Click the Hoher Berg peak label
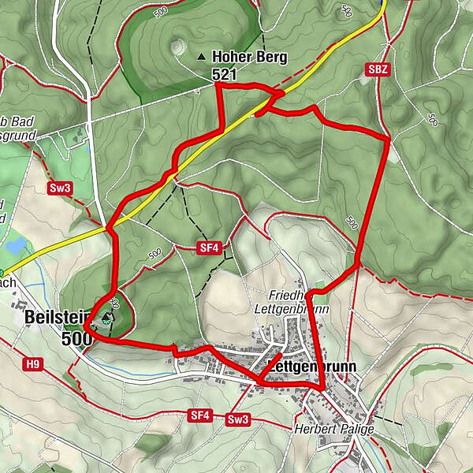[249, 57]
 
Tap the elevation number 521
[225, 73]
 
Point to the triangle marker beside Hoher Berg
[202, 57]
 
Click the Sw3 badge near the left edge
[60, 188]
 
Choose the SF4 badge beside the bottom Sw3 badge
[199, 415]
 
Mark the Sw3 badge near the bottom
[237, 419]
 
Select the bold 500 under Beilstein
[75, 338]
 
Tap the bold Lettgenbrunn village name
[313, 367]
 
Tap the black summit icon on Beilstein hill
[106, 316]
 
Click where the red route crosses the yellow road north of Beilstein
[110, 229]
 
